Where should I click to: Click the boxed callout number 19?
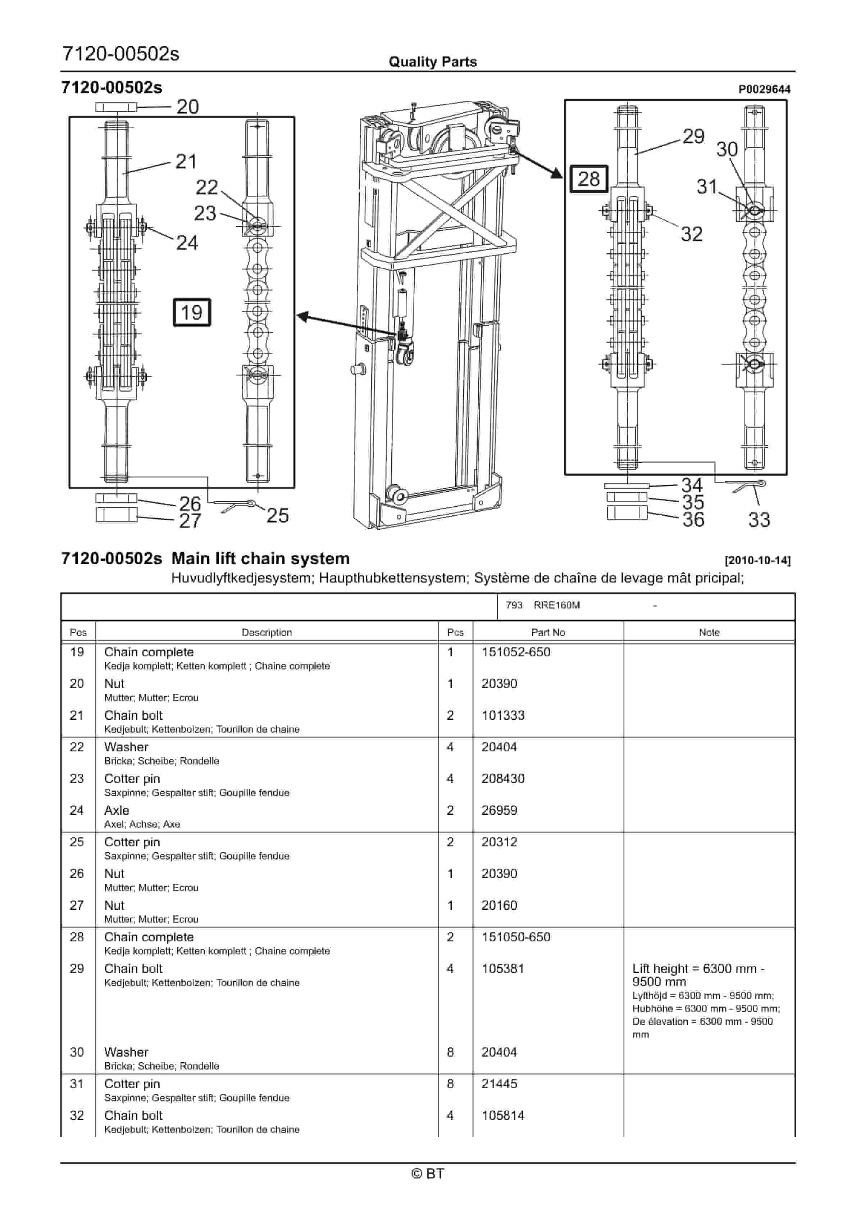(192, 312)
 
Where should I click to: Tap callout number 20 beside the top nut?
(187, 107)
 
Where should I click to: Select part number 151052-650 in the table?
(516, 652)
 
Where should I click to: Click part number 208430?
(502, 779)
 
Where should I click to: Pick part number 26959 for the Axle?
(499, 810)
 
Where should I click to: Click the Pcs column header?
(455, 632)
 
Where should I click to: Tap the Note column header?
(709, 632)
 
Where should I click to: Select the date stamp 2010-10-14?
(757, 561)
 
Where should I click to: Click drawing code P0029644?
(764, 89)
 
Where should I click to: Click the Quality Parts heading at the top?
(432, 62)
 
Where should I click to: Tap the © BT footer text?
(428, 1173)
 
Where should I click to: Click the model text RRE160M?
(556, 606)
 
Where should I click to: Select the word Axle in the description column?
(117, 810)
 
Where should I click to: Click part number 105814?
(502, 1116)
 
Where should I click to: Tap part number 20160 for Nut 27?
(499, 905)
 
